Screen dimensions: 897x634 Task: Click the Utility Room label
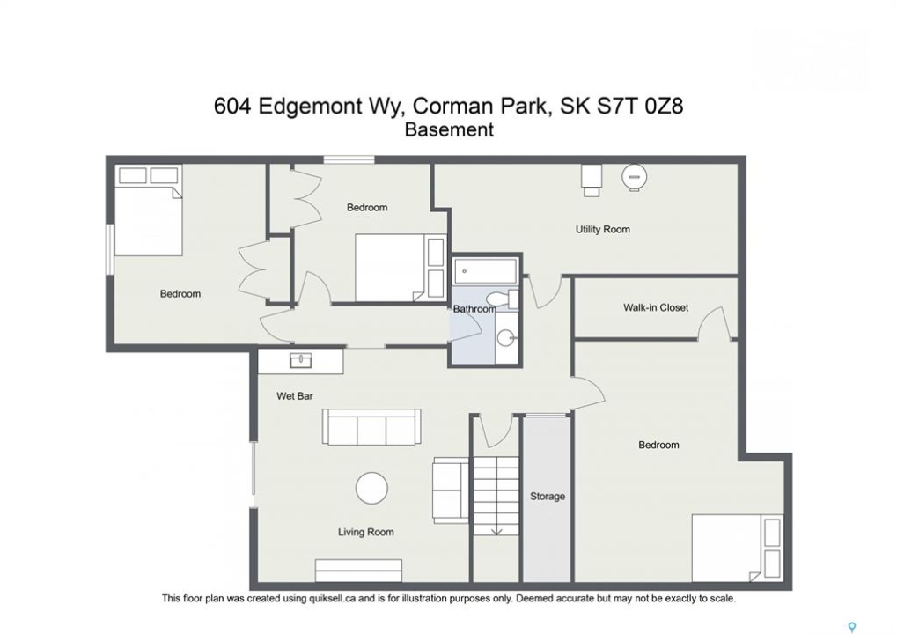point(602,230)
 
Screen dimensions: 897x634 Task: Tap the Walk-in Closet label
point(656,307)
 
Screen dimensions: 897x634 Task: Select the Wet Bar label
point(295,396)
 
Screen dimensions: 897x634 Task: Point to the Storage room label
point(547,496)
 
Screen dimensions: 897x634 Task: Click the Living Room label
point(365,532)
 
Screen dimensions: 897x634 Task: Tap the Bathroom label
point(474,309)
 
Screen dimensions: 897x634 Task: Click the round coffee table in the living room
point(371,488)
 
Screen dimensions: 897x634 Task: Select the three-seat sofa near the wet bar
point(371,427)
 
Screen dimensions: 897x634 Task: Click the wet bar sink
point(301,360)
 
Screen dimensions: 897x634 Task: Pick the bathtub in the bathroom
point(486,270)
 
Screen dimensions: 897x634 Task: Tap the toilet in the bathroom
point(503,299)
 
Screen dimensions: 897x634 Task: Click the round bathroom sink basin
point(505,338)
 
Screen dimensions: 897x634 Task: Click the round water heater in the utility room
point(634,177)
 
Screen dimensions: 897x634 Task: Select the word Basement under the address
point(449,130)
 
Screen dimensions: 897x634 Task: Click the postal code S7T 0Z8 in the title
point(640,106)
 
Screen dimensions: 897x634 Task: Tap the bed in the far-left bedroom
point(149,210)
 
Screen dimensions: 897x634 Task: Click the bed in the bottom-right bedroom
point(737,549)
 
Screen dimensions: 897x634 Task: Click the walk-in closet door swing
point(713,323)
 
